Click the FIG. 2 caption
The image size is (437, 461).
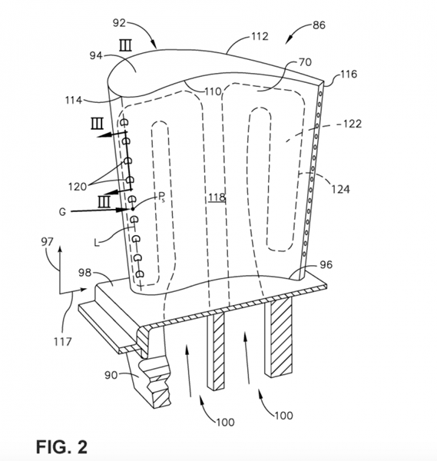tap(61, 447)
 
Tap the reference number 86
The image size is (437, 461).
tap(319, 25)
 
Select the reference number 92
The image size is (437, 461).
tap(119, 23)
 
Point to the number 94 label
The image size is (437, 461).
tap(96, 55)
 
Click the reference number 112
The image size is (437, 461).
tap(260, 36)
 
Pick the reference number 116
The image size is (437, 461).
tap(349, 74)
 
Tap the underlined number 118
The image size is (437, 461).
tap(217, 197)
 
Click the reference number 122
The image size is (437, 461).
tap(353, 124)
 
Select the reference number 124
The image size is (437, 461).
tap(341, 189)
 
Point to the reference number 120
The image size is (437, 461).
tap(78, 187)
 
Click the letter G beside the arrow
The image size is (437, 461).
tap(63, 212)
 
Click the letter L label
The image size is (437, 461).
tap(97, 243)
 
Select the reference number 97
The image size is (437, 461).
tap(47, 242)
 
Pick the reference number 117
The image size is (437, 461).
tap(63, 341)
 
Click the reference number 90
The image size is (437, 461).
tap(111, 375)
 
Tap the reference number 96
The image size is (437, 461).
tap(326, 264)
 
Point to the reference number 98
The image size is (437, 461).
tap(84, 273)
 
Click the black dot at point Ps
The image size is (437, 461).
tap(133, 209)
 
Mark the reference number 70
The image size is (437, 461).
tap(306, 62)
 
